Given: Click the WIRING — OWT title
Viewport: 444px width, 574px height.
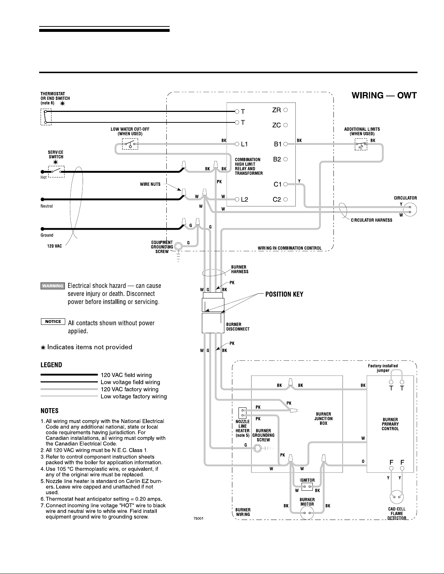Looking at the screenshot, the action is click(x=384, y=95).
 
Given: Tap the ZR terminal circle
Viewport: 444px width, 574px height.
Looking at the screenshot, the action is click(x=286, y=110).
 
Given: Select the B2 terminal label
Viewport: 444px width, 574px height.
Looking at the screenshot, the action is click(x=277, y=159).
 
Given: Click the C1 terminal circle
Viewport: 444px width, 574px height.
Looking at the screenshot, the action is click(x=286, y=184).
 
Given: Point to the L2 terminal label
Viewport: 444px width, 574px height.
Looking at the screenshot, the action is click(x=244, y=200).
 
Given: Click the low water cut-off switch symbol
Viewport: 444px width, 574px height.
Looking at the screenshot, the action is click(x=130, y=144).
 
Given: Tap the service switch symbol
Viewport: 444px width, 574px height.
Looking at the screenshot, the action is click(x=56, y=172).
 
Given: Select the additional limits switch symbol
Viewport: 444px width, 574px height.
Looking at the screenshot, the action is click(x=361, y=144).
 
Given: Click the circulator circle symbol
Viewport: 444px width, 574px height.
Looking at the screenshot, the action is click(x=410, y=210).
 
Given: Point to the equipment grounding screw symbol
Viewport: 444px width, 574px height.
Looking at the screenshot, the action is click(x=178, y=247).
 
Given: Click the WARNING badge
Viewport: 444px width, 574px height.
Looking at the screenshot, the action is click(x=53, y=286).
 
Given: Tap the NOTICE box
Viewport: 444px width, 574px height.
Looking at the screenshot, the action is click(x=53, y=322).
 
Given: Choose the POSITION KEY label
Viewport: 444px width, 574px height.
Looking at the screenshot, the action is click(x=284, y=294).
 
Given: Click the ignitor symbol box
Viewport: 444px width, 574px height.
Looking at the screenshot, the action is click(x=307, y=486).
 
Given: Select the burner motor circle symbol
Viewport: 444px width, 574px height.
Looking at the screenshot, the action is click(x=307, y=513).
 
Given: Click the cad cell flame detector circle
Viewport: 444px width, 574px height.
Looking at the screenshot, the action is click(x=397, y=497).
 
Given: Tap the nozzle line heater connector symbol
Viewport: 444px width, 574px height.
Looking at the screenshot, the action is click(x=242, y=413).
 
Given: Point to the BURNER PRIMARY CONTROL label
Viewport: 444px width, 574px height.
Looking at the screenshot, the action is click(x=390, y=424).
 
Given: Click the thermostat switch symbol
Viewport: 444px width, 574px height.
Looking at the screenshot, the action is click(x=46, y=117).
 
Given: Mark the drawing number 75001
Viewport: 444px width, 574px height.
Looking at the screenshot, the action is click(x=199, y=518).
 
